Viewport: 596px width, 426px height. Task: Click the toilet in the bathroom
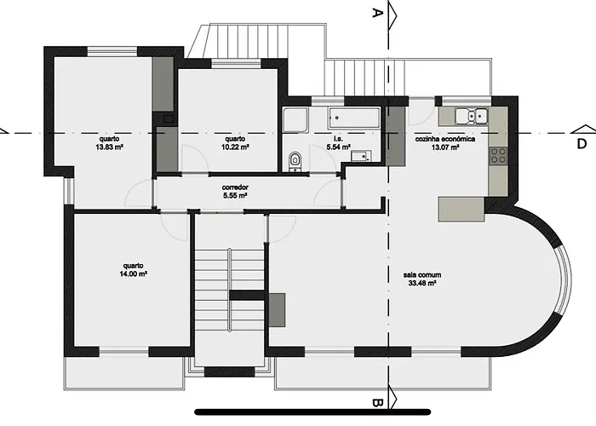[x=295, y=159]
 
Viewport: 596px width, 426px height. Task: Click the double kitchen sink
[x=470, y=116]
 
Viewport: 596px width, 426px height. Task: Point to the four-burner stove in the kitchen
[x=498, y=155]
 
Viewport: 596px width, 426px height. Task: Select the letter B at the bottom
[x=375, y=402]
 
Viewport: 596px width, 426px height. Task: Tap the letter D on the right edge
[x=582, y=142]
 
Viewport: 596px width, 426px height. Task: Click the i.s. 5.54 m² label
[x=338, y=142]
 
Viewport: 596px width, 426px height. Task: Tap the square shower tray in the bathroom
[x=295, y=119]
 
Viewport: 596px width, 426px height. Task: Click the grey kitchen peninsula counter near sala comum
[x=461, y=208]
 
